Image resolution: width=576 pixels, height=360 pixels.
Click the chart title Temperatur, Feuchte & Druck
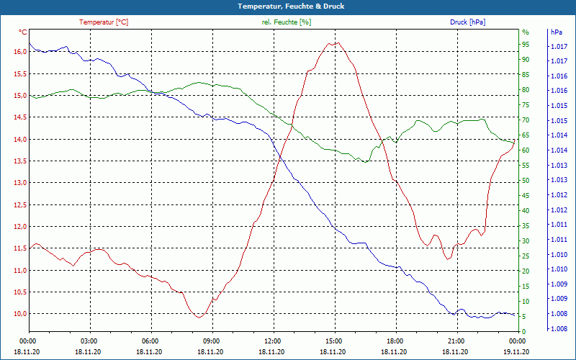[x=288, y=6]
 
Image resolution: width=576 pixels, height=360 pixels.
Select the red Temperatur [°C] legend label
[x=104, y=22]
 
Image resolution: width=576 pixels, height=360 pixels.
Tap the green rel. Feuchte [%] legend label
[x=287, y=22]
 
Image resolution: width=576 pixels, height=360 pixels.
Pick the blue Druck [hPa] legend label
[x=467, y=22]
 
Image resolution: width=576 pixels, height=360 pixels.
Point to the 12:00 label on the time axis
[x=273, y=341]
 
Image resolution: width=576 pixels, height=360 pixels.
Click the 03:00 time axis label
[x=89, y=341]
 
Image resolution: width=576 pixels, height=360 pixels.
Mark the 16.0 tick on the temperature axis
[x=19, y=52]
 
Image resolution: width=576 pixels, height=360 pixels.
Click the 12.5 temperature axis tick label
[x=19, y=204]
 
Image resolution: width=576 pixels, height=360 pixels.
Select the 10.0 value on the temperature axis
[x=19, y=314]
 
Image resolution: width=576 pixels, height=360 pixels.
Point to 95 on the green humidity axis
[x=526, y=45]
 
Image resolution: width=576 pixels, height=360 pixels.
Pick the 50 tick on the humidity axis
[x=526, y=181]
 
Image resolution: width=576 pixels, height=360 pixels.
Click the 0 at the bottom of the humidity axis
[x=524, y=331]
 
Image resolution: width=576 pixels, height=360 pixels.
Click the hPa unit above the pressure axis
[x=557, y=32]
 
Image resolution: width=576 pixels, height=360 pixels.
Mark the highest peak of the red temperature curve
[x=332, y=42]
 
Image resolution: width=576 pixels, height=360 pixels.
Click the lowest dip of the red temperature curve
[x=199, y=317]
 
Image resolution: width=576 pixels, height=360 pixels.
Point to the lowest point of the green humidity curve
[x=365, y=162]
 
